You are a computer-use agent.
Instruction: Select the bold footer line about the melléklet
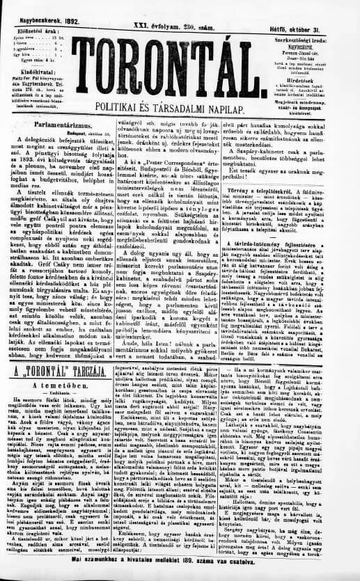pos(180,575)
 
